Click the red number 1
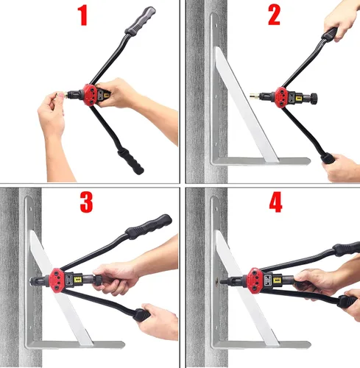[82, 15]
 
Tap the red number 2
[274, 15]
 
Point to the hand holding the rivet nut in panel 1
[52, 118]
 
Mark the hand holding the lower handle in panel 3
[158, 321]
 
